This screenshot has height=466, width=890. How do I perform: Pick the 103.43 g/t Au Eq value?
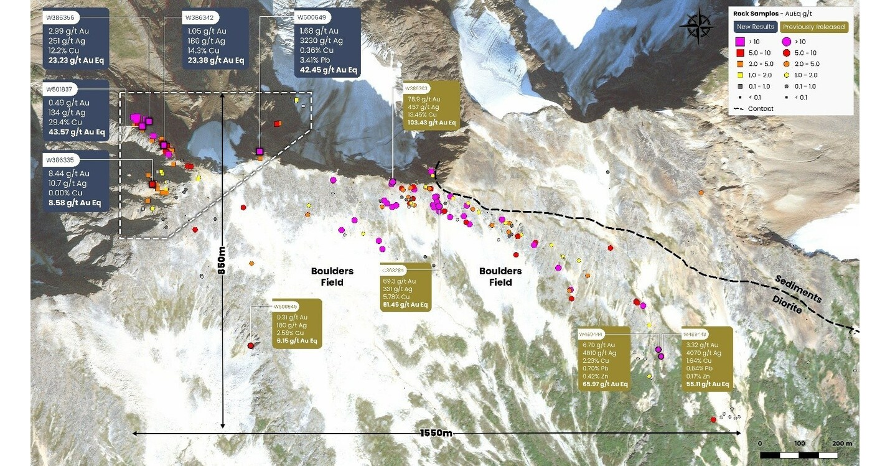[432, 123]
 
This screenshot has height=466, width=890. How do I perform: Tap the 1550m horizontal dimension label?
[436, 433]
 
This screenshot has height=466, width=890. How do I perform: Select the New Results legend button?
[755, 27]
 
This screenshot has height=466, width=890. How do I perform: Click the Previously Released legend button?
[813, 27]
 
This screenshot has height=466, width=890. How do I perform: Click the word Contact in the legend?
[761, 109]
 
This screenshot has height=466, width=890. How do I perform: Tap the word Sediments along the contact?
[799, 289]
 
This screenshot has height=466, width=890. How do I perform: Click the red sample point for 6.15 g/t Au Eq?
[251, 345]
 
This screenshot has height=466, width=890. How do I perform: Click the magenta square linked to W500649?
[260, 151]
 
